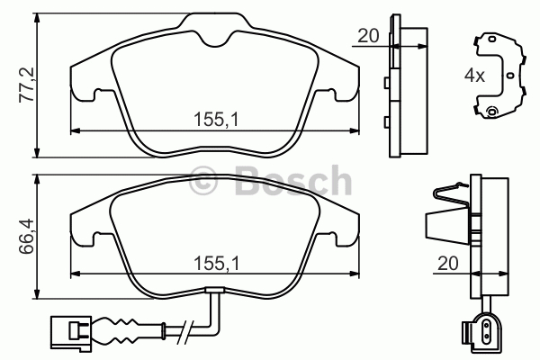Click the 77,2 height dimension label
pyautogui.click(x=26, y=85)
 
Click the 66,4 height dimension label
pyautogui.click(x=26, y=236)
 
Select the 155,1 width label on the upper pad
pyautogui.click(x=216, y=120)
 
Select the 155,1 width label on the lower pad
pyautogui.click(x=216, y=264)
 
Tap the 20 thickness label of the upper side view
pyautogui.click(x=368, y=35)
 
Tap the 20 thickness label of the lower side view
pyautogui.click(x=448, y=263)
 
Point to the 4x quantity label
pyautogui.click(x=474, y=75)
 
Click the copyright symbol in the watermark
pyautogui.click(x=203, y=182)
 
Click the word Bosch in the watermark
pyautogui.click(x=293, y=180)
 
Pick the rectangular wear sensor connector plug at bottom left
pyautogui.click(x=71, y=330)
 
